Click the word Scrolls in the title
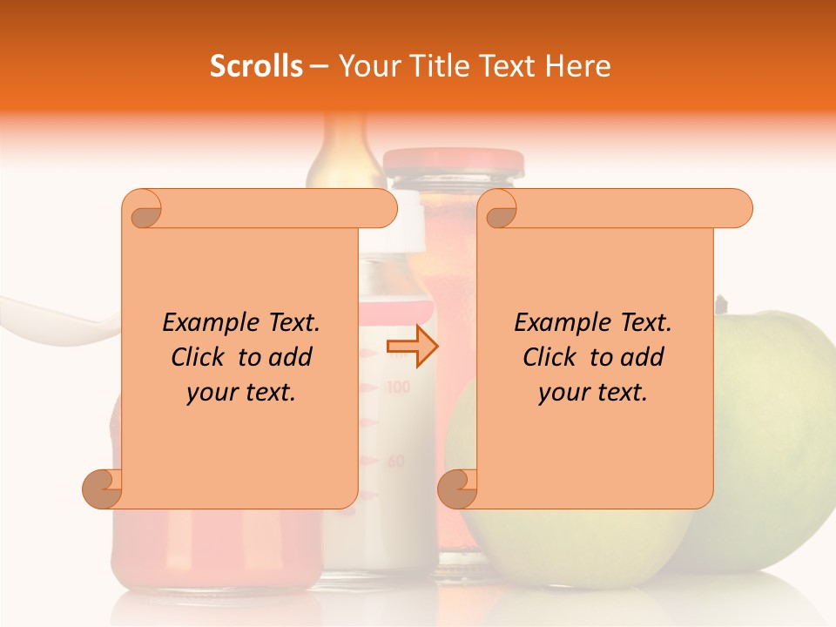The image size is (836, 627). pos(256,66)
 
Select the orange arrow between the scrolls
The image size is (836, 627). pos(413,347)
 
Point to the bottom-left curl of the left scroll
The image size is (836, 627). pos(103,489)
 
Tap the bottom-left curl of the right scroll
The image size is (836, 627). pos(457,489)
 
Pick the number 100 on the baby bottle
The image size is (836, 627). pos(397,387)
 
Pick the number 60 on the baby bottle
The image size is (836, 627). pos(396,461)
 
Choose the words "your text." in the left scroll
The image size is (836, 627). pos(241,393)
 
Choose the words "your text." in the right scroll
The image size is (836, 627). pos(593,393)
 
